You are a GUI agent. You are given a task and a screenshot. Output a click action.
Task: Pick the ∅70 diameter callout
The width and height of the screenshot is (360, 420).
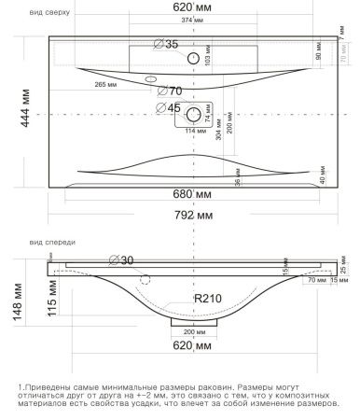coord(169,91)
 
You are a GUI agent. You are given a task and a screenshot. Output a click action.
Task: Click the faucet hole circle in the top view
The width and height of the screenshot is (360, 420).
coord(195,59)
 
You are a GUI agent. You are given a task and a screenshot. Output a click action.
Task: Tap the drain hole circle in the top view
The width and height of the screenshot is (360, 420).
coord(195,115)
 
